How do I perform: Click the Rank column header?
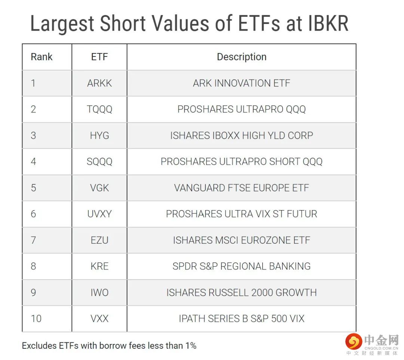click(x=42, y=57)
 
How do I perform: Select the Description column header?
click(x=242, y=57)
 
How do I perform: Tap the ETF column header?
click(x=100, y=57)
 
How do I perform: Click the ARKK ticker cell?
click(x=100, y=83)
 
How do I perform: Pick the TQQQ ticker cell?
click(x=100, y=109)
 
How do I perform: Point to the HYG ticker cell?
click(x=100, y=135)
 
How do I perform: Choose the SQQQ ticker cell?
click(x=100, y=162)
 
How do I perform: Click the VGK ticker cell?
click(x=100, y=188)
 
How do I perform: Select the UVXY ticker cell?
click(x=100, y=214)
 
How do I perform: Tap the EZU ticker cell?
click(x=100, y=240)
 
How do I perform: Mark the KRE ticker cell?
click(x=100, y=266)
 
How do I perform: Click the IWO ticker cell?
click(x=100, y=293)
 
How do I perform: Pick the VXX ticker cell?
click(x=100, y=319)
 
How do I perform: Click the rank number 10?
click(x=36, y=319)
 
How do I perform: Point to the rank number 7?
click(x=33, y=240)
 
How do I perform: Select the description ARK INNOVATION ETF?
click(x=242, y=83)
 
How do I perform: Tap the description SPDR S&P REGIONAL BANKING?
click(x=242, y=266)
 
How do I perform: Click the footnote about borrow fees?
click(x=109, y=345)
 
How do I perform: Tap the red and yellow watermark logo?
click(x=353, y=341)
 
